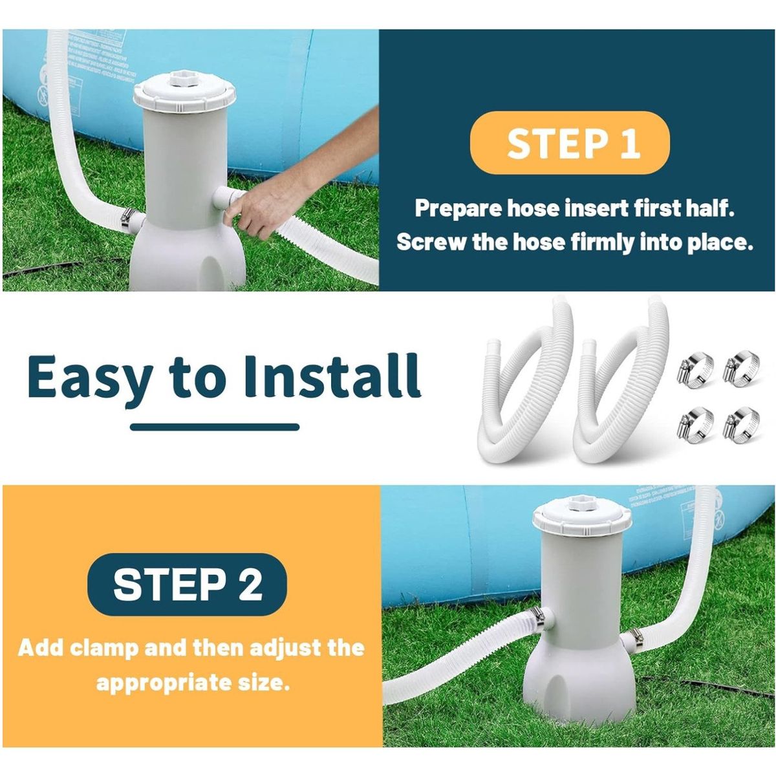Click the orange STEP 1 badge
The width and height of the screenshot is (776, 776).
(569, 143)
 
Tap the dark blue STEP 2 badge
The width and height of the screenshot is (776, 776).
(187, 585)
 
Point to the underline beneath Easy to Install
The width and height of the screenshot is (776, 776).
(215, 427)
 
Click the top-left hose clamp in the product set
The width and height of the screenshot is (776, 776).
(695, 367)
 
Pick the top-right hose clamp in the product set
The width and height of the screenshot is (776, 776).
(740, 367)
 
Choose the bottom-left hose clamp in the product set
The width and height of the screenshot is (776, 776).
(695, 422)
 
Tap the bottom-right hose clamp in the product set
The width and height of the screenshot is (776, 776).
(740, 422)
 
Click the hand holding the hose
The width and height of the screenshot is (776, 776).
(259, 210)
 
